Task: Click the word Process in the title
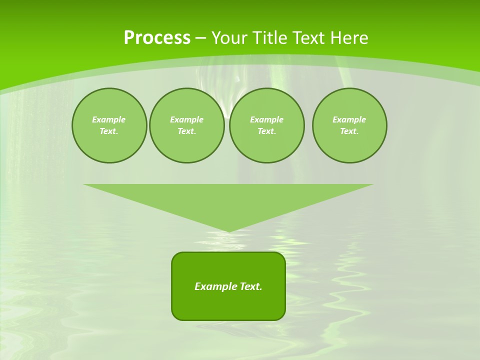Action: pos(157,37)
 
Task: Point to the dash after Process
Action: pos(201,38)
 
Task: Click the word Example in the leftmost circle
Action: pos(109,119)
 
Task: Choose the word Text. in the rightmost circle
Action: pos(349,131)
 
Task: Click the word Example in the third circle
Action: pos(267,119)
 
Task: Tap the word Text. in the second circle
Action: pos(187,131)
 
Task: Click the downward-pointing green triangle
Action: pos(228,200)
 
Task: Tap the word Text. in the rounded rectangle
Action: pos(251,286)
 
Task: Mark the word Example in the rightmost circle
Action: pos(349,119)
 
